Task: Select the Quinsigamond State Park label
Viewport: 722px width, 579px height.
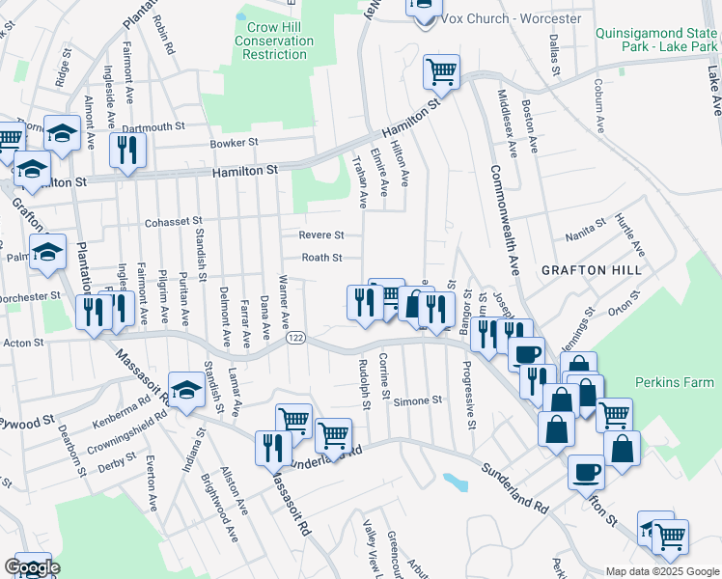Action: [657, 39]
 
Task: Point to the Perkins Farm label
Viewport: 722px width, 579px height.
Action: [676, 382]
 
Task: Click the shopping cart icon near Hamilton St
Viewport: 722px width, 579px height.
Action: [441, 70]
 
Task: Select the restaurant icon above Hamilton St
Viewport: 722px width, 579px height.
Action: [126, 149]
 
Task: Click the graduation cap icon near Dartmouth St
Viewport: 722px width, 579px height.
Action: [63, 134]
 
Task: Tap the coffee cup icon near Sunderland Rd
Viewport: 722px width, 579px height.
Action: [586, 472]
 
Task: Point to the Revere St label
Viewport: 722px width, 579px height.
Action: [321, 234]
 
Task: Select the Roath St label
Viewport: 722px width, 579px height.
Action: [321, 258]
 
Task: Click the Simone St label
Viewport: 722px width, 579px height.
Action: [417, 400]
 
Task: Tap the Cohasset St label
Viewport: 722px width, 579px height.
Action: [173, 222]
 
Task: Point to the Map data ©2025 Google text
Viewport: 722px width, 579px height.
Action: [661, 571]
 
